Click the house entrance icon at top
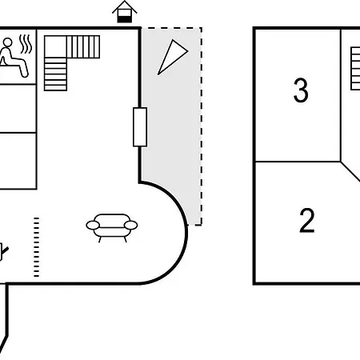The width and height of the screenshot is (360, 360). click(125, 12)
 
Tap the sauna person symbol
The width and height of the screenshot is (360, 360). click(14, 58)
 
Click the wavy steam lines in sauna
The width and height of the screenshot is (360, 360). click(26, 44)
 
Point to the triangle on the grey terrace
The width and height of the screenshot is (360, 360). click(171, 57)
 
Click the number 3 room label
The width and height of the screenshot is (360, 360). click(301, 90)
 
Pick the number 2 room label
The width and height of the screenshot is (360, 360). click(307, 221)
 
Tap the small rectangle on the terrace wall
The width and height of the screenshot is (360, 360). click(140, 127)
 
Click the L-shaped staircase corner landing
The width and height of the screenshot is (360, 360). click(55, 47)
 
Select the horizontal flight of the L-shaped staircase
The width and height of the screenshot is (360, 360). click(83, 47)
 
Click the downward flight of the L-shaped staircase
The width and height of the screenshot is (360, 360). click(55, 74)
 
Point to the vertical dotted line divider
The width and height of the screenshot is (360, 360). click(37, 247)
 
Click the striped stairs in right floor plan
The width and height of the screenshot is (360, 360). click(355, 69)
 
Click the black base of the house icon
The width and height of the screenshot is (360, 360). click(125, 19)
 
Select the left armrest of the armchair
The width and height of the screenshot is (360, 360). click(93, 225)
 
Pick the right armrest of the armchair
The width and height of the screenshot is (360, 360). click(131, 225)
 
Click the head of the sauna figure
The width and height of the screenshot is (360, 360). click(7, 42)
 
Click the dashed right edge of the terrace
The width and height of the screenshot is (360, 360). click(202, 126)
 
